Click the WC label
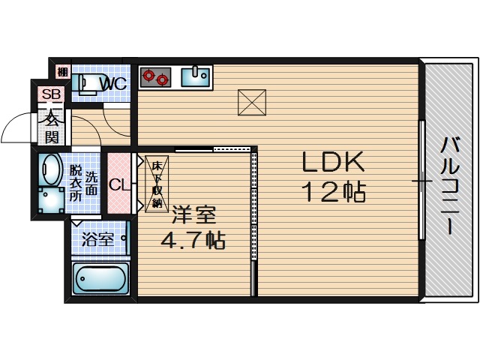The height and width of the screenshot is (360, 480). (x=113, y=83)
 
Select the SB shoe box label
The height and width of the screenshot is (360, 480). (x=51, y=94)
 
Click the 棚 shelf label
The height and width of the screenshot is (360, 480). (x=63, y=73)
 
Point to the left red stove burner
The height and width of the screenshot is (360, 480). (x=149, y=76)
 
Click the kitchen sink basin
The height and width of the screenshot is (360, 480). (x=195, y=77)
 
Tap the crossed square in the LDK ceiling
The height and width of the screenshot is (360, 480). (x=252, y=103)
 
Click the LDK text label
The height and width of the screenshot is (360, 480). (x=333, y=162)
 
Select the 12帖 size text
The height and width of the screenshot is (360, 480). (x=334, y=192)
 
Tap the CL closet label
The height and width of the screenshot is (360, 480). (x=118, y=184)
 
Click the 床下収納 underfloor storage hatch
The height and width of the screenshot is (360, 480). (x=157, y=184)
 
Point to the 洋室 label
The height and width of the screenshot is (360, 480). (x=193, y=215)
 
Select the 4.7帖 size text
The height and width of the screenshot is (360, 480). (x=193, y=240)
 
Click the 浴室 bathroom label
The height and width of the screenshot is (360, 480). (x=97, y=240)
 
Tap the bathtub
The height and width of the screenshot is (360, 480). (x=100, y=278)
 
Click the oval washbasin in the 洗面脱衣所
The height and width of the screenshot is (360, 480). (x=50, y=169)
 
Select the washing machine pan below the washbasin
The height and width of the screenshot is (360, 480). (x=52, y=200)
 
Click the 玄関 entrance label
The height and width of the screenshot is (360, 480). (x=52, y=128)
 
